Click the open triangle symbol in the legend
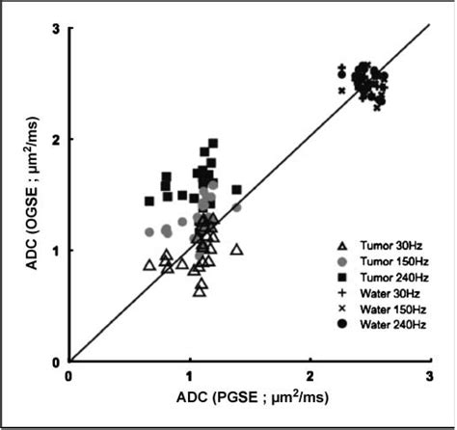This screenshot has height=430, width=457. point(342,246)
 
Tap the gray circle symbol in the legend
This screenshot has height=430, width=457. point(342,261)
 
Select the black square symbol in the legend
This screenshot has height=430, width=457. point(342,277)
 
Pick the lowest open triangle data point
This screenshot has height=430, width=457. point(199,290)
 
